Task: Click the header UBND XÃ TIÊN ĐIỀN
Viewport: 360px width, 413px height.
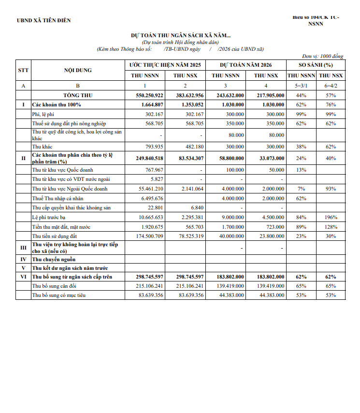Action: pyautogui.click(x=43, y=20)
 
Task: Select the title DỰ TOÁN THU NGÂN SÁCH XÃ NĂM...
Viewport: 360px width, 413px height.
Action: pyautogui.click(x=181, y=36)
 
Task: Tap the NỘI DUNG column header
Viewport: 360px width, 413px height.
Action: pyautogui.click(x=78, y=70)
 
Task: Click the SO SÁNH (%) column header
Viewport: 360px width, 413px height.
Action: pyautogui.click(x=316, y=65)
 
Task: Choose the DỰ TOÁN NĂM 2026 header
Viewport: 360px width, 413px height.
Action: pyautogui.click(x=245, y=65)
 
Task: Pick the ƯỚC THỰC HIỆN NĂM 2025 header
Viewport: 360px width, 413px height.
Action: pyautogui.click(x=165, y=65)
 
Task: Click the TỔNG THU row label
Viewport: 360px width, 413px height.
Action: pyautogui.click(x=78, y=95)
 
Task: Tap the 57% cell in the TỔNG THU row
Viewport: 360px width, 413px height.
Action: pyautogui.click(x=331, y=95)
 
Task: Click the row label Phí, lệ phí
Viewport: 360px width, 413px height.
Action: pyautogui.click(x=43, y=114)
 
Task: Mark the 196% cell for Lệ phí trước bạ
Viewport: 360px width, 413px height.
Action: pyautogui.click(x=331, y=217)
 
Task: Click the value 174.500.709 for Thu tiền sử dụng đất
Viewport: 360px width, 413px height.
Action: pyautogui.click(x=150, y=236)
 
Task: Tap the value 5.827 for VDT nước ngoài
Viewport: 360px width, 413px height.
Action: pyautogui.click(x=157, y=179)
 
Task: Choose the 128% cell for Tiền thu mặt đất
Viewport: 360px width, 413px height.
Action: pyautogui.click(x=331, y=227)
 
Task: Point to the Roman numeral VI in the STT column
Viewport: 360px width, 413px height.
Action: pyautogui.click(x=23, y=277)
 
